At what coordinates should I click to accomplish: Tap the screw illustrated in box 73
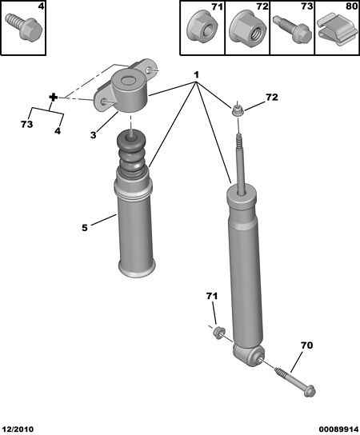pyautogui.click(x=293, y=29)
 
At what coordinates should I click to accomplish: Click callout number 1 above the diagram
pyautogui.click(x=196, y=75)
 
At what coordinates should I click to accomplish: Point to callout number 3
pyautogui.click(x=94, y=135)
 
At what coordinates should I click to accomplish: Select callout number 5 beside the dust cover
pyautogui.click(x=84, y=228)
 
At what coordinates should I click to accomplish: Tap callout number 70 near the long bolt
pyautogui.click(x=306, y=345)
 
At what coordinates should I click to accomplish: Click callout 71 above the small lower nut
pyautogui.click(x=212, y=297)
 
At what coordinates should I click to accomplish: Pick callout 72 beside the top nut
pyautogui.click(x=272, y=97)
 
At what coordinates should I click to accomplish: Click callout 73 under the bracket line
pyautogui.click(x=26, y=124)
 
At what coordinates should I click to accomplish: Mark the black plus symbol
pyautogui.click(x=53, y=98)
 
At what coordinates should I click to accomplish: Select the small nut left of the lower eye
pyautogui.click(x=219, y=332)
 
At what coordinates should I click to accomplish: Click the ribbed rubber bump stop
pyautogui.click(x=130, y=157)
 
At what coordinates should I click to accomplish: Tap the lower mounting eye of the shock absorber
pyautogui.click(x=248, y=355)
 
